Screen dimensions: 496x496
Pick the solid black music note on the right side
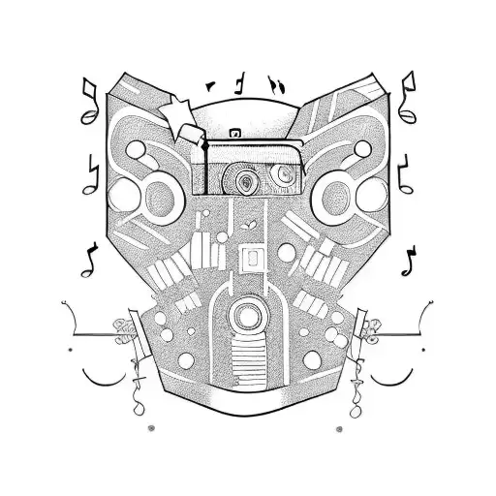[x=410, y=259]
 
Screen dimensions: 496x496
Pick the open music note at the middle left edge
[x=94, y=172]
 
